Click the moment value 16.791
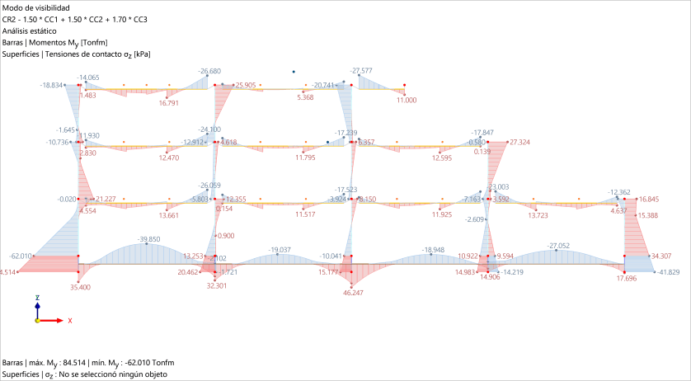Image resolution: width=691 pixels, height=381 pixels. click(168, 103)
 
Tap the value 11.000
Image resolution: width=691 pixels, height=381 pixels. click(406, 100)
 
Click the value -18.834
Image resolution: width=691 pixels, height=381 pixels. click(52, 84)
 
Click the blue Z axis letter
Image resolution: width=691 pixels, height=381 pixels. click(37, 296)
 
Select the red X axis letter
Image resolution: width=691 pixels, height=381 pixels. click(69, 320)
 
